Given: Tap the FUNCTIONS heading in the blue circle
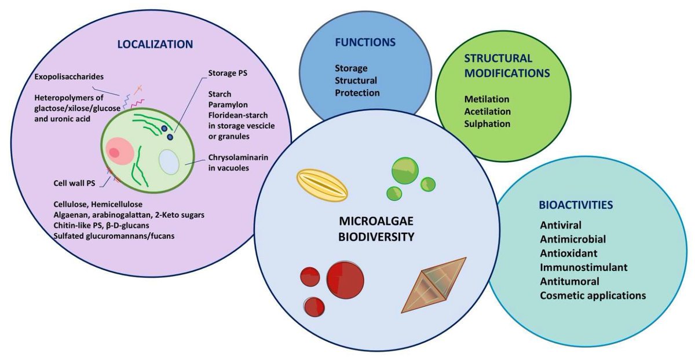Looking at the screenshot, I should [365, 42].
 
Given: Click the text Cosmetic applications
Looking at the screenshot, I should [592, 295].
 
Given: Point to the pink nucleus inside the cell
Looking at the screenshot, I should [116, 152].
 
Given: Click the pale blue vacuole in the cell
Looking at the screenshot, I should [169, 161].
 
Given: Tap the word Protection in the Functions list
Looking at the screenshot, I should [358, 93].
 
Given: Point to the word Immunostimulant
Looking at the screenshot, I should [584, 267].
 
